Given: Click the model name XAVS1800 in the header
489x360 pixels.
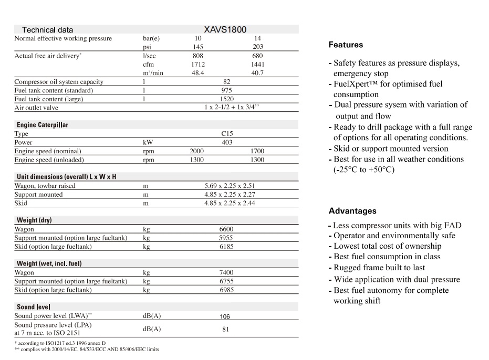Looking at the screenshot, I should point(225,29).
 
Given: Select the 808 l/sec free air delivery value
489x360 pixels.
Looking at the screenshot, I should point(197,55).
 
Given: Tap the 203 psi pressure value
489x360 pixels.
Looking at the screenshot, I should point(257,47).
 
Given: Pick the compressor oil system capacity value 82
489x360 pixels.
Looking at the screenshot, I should point(227,82).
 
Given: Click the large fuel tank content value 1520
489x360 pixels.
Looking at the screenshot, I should point(227,99).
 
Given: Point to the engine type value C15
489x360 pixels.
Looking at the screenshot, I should point(227,134).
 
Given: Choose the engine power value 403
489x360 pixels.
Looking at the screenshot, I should point(227,142).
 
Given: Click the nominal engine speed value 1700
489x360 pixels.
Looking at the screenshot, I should point(257,151).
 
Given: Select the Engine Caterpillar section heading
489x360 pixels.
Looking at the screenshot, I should point(43,125).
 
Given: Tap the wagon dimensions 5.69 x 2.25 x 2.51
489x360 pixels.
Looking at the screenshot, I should point(230,186).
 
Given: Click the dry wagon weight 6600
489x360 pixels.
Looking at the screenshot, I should point(227,229).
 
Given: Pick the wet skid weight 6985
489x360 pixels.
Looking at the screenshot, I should point(227,290).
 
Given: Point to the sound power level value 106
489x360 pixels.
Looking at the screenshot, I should point(225,316).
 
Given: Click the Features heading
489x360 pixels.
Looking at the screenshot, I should point(346,45).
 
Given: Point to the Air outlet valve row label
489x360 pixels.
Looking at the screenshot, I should point(36,108).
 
